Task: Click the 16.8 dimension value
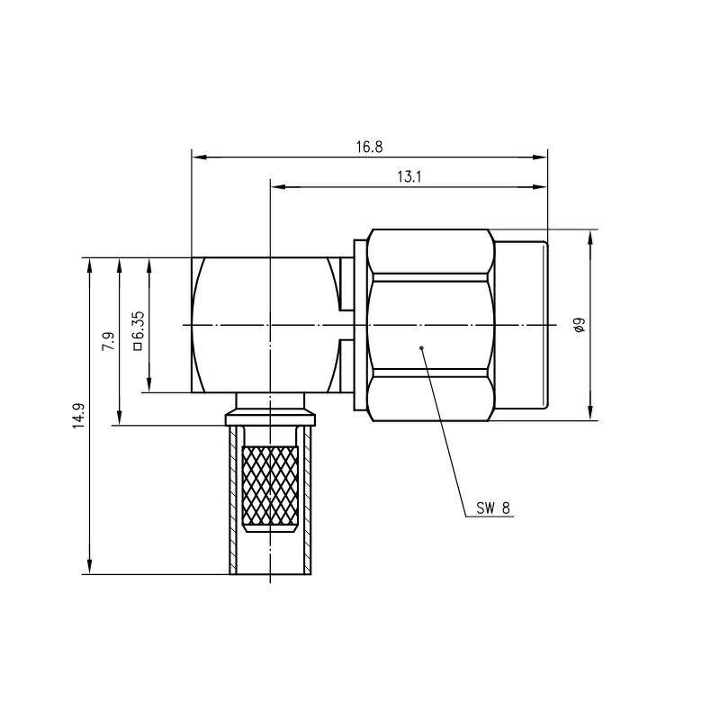pyautogui.click(x=369, y=147)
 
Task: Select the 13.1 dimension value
pyautogui.click(x=409, y=176)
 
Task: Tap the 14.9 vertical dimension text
pyautogui.click(x=79, y=416)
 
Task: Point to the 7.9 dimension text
pyautogui.click(x=108, y=341)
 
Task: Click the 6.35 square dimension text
pyautogui.click(x=139, y=325)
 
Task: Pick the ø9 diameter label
pyautogui.click(x=580, y=325)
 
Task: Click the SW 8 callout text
pyautogui.click(x=492, y=508)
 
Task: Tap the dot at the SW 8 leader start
pyautogui.click(x=421, y=347)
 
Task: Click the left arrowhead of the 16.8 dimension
pyautogui.click(x=199, y=157)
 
